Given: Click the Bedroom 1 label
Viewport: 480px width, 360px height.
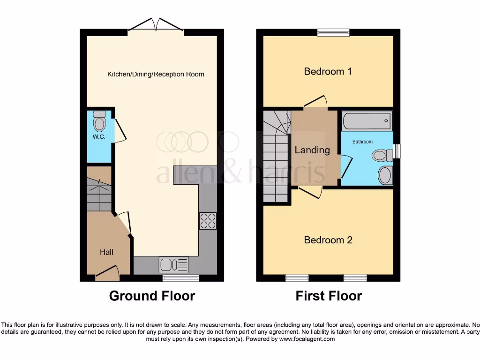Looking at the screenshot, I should (x=328, y=72).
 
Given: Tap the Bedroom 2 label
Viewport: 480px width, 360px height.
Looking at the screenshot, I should (x=328, y=240).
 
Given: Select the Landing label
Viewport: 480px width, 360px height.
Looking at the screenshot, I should (x=312, y=150).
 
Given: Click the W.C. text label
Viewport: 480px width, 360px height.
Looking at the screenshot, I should (x=98, y=137).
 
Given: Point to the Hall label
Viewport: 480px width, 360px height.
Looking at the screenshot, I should (x=106, y=252).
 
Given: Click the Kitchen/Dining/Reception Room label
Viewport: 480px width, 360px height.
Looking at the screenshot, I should (x=156, y=74).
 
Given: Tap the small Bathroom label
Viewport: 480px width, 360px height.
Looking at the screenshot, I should (x=362, y=142).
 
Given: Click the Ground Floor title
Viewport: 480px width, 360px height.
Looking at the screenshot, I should (x=152, y=296).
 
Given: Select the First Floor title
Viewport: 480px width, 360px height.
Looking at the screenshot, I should (x=329, y=296).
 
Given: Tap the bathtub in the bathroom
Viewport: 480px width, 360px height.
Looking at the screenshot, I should (x=367, y=121).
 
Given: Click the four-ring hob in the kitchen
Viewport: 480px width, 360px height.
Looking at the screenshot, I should (x=208, y=221).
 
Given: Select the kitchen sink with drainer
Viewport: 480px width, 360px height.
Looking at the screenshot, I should (x=174, y=265).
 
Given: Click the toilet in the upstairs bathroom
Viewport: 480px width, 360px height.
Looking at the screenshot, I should (x=382, y=155).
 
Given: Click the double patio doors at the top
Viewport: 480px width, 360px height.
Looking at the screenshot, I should (x=156, y=26).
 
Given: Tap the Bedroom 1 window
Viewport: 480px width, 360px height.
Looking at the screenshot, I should (x=330, y=32).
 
